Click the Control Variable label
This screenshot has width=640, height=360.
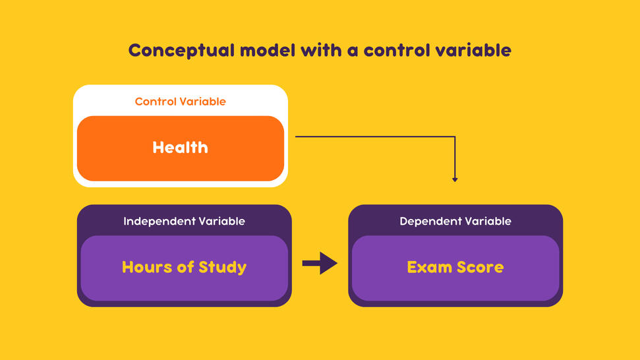pos(180,102)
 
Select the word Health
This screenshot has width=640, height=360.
pos(180,147)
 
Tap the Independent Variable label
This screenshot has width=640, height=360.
pos(184,222)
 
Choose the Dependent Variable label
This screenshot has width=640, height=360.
pos(455,222)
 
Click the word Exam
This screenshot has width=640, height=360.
pos(426,267)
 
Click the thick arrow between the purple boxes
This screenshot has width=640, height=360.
pos(320,264)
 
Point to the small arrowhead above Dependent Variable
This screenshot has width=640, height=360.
pos(455,179)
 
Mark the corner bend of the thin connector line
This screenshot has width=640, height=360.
pos(455,137)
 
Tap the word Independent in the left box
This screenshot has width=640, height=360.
pos(157,222)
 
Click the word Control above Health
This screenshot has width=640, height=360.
pos(155,102)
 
